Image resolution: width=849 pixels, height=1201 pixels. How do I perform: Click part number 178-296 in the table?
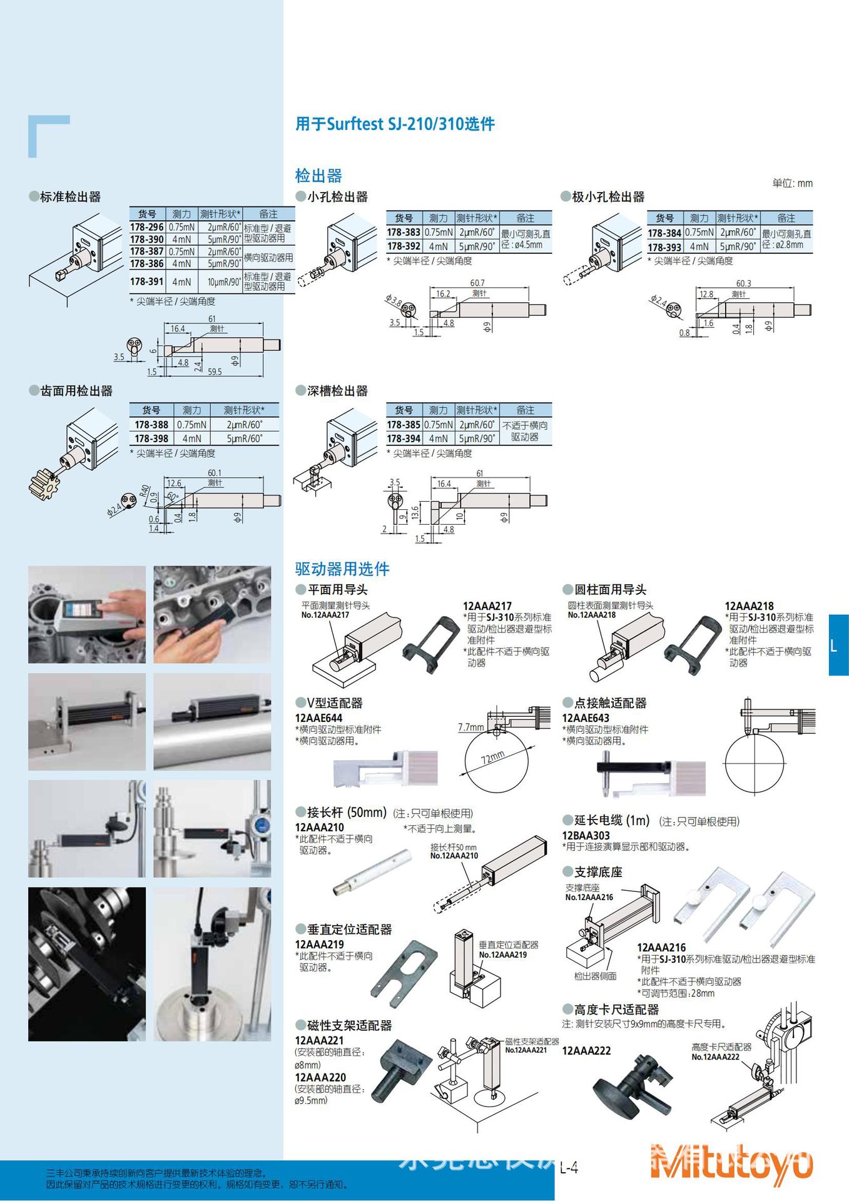click(147, 228)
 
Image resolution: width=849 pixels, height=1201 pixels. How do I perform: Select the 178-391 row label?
click(147, 281)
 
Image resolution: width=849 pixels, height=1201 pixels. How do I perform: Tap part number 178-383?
click(404, 233)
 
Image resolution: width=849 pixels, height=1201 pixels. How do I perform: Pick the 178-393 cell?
click(664, 247)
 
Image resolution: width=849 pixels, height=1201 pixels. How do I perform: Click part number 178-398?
click(151, 438)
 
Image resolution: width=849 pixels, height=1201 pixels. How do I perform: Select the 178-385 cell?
click(404, 425)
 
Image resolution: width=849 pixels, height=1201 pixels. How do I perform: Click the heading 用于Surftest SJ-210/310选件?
click(395, 124)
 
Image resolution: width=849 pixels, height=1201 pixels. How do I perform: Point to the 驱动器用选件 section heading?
click(342, 569)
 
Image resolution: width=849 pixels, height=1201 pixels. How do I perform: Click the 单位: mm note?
click(792, 183)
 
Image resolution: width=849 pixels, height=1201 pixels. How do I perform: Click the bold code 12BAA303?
click(586, 835)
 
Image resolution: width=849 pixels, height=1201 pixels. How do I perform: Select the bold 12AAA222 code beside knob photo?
click(586, 1051)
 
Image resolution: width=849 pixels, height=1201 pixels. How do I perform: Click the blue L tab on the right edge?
click(838, 645)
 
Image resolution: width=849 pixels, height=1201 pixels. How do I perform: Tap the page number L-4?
click(568, 1167)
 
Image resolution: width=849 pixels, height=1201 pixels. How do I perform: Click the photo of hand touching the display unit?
click(87, 614)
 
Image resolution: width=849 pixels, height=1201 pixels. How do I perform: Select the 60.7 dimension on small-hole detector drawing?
click(477, 283)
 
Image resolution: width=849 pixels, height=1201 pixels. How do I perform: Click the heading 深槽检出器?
click(337, 391)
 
